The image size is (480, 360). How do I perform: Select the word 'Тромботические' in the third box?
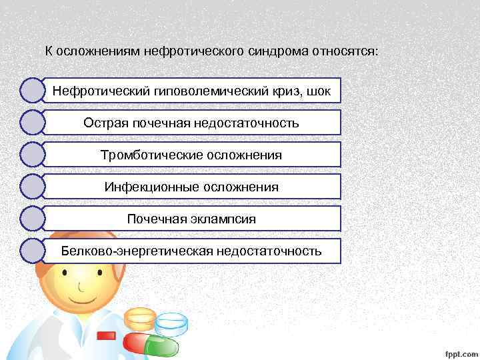(x=143, y=155)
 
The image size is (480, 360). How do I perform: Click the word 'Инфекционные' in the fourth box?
(x=143, y=187)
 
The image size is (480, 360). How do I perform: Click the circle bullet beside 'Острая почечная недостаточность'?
(x=33, y=123)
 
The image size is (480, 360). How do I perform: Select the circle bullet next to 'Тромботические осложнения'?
(x=33, y=155)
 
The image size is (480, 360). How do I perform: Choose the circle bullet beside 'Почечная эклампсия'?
(x=33, y=219)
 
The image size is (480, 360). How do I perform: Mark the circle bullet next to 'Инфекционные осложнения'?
(x=33, y=187)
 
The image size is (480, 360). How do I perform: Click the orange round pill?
(x=140, y=319)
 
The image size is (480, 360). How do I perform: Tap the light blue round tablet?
(x=171, y=323)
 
